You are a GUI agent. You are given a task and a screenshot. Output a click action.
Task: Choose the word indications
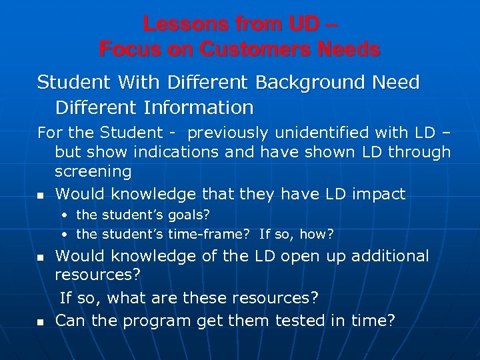click(177, 152)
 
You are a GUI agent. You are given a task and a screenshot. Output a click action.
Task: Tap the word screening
click(93, 171)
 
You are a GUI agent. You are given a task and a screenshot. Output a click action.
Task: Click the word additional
click(390, 256)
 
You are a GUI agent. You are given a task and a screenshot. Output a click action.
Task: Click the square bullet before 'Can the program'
click(40, 322)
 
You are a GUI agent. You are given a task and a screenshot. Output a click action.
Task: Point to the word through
click(419, 152)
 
